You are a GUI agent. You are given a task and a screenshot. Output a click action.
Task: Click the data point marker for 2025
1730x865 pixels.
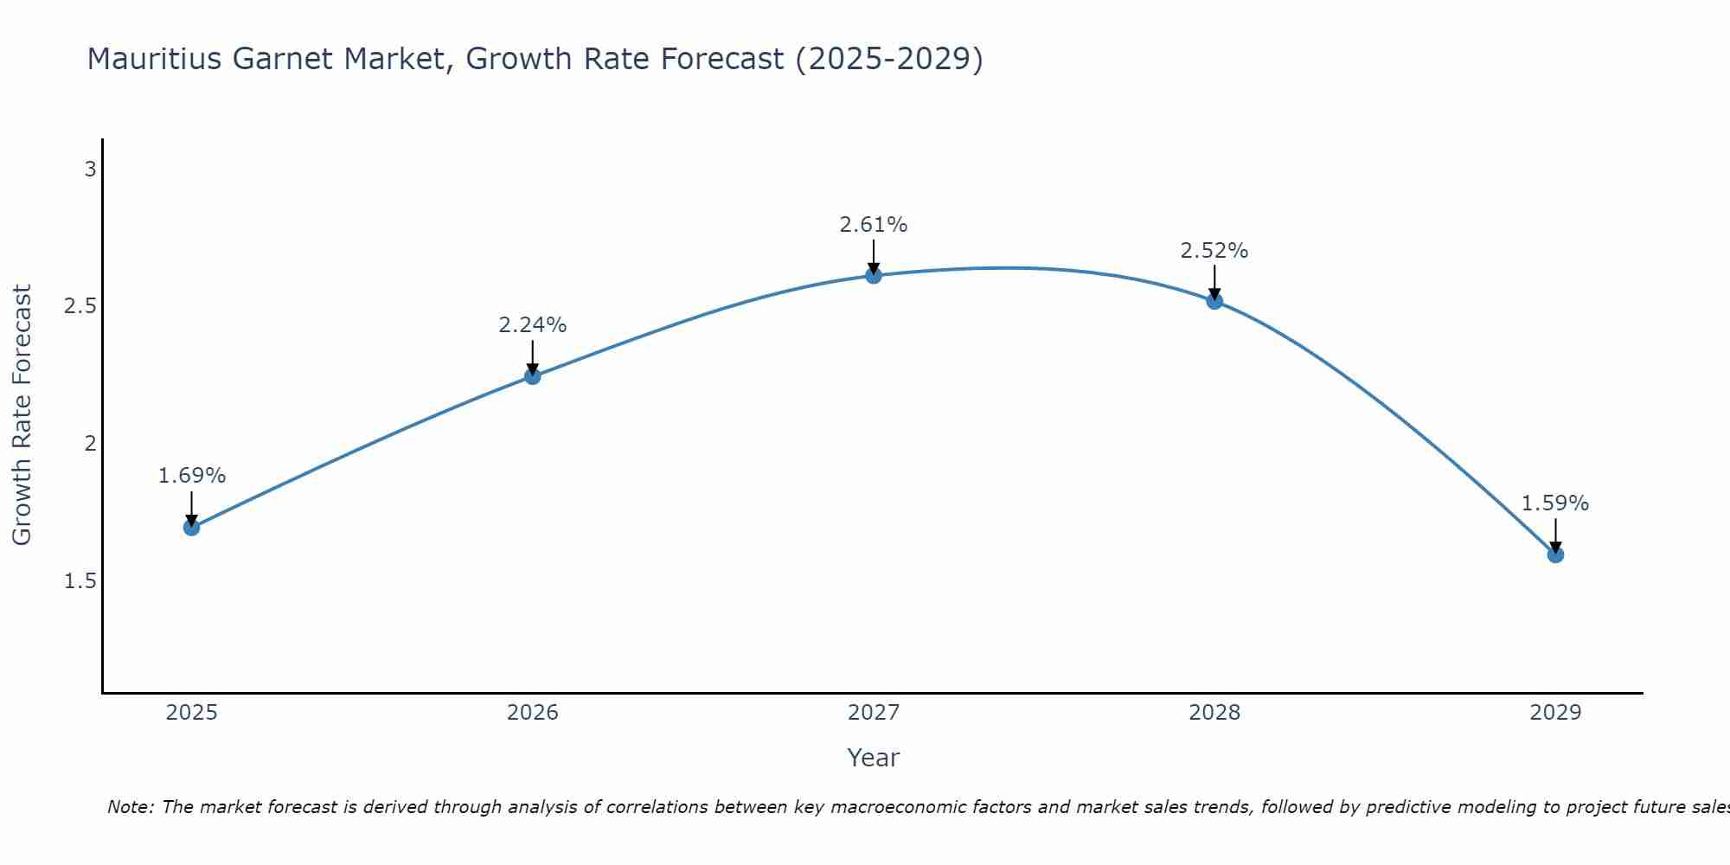tap(192, 527)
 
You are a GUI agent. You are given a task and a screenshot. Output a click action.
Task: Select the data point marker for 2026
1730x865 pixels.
tap(533, 376)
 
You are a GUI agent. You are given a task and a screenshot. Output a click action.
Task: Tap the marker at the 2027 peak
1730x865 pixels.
tap(874, 275)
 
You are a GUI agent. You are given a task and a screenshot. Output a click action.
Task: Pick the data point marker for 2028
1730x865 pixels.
tap(1214, 301)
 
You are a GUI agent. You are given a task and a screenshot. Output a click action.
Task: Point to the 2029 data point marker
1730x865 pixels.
tap(1555, 554)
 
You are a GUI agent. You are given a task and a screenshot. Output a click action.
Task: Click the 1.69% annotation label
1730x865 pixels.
tap(192, 476)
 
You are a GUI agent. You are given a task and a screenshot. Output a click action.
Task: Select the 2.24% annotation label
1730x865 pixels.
tap(533, 325)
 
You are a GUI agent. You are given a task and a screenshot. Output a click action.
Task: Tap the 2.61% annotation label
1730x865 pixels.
tap(874, 225)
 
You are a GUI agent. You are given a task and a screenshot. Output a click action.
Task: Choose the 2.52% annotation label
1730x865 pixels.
tap(1214, 251)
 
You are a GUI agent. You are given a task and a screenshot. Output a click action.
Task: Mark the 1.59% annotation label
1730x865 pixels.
tap(1555, 503)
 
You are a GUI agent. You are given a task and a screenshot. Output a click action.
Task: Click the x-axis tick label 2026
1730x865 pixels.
tap(533, 713)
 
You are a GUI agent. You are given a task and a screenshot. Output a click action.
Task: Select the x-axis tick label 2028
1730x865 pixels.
tap(1214, 713)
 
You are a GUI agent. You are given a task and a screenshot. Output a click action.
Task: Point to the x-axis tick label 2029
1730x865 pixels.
tap(1555, 713)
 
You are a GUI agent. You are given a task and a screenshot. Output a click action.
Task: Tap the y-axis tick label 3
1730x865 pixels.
tap(90, 170)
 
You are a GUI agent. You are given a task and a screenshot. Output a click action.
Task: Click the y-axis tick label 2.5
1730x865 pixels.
tap(80, 307)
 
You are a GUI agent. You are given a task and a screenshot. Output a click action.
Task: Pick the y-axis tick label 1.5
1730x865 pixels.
tap(80, 581)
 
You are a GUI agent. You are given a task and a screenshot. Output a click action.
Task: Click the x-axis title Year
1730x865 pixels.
tap(874, 758)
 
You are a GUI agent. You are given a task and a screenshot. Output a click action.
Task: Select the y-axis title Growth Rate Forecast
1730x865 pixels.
tap(22, 415)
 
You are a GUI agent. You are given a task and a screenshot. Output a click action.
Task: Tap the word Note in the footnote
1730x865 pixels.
tap(130, 807)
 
